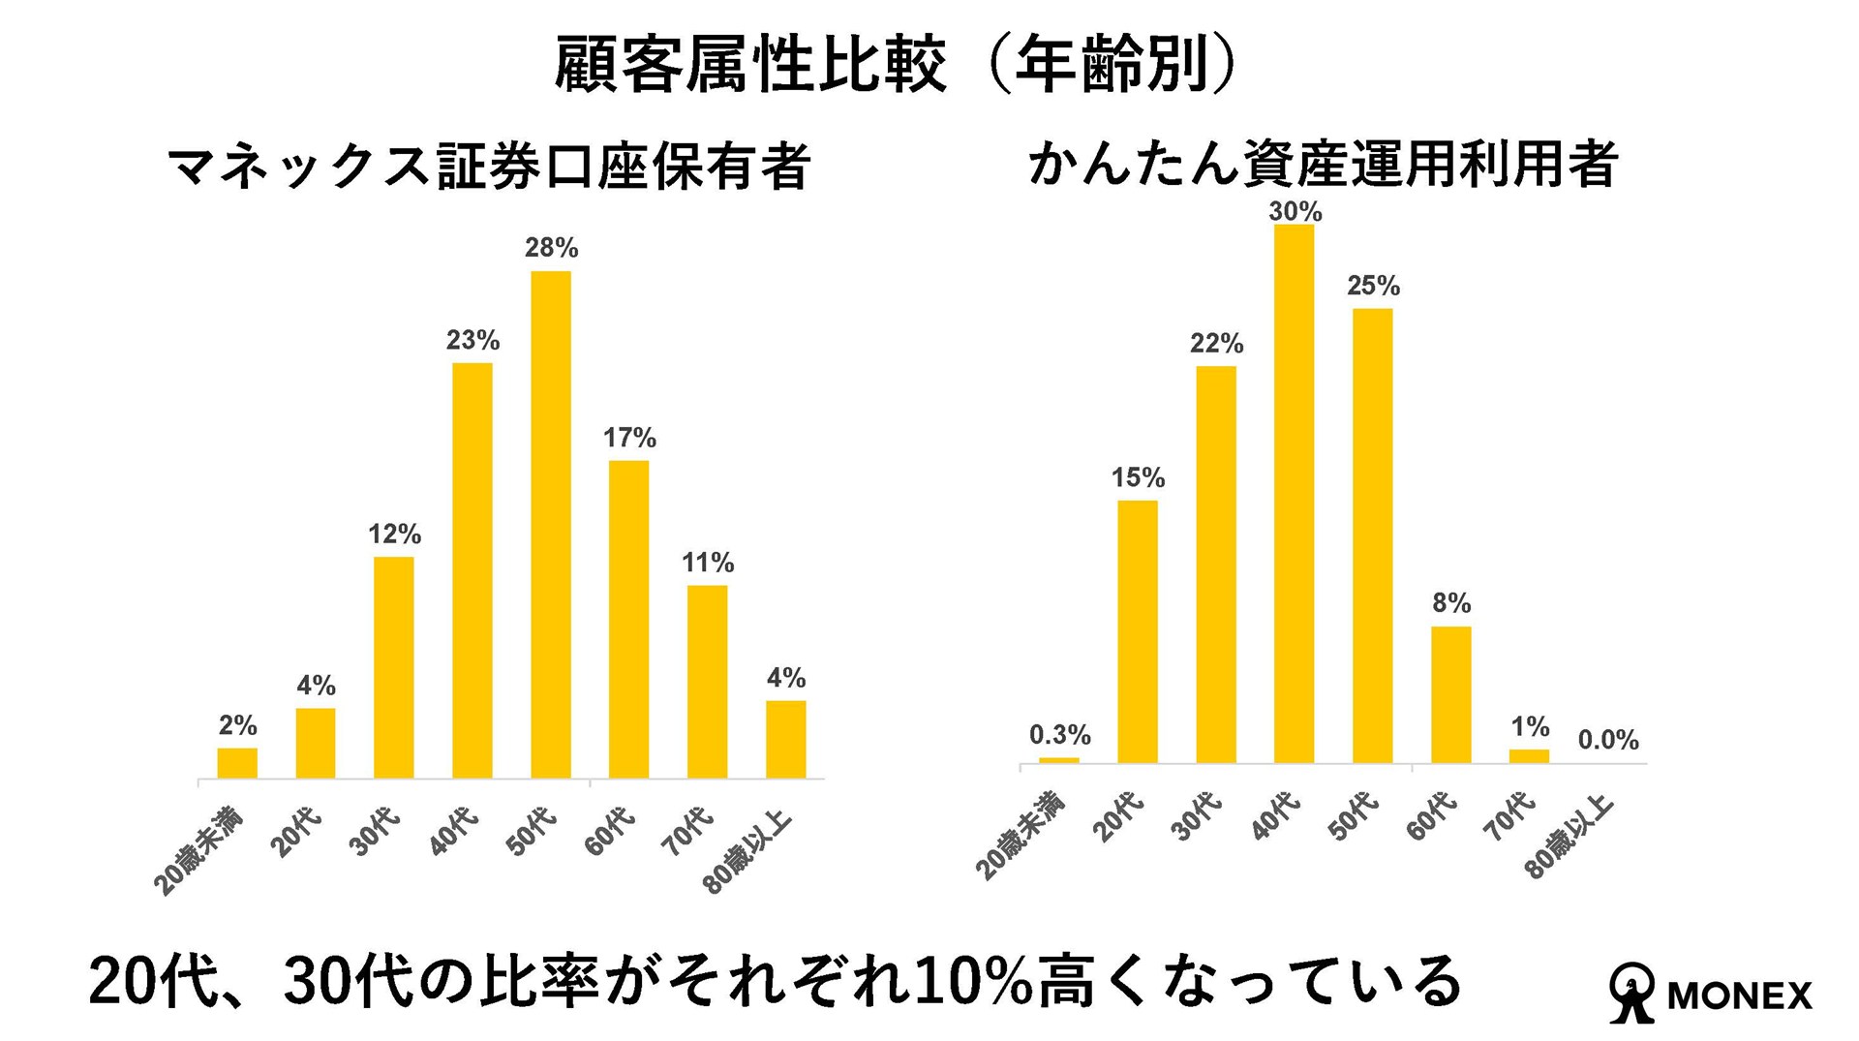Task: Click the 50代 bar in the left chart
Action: tap(550, 524)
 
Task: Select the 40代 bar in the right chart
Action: tap(1294, 494)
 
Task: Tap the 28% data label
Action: tap(551, 248)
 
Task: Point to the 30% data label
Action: tap(1295, 211)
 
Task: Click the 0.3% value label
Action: tap(1059, 735)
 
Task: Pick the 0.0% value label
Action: tap(1607, 741)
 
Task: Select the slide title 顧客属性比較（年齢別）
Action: tap(895, 66)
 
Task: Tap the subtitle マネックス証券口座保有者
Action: tap(489, 166)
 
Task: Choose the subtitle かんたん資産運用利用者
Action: tap(1323, 164)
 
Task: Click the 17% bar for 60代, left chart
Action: tap(628, 619)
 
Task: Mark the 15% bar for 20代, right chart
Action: tap(1137, 631)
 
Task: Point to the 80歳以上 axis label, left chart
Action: tap(747, 853)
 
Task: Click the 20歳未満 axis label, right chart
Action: tap(1020, 836)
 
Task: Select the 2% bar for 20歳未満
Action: tap(237, 763)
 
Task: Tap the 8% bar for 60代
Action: tap(1450, 694)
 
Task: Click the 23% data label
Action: tap(472, 340)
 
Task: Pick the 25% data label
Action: tap(1373, 286)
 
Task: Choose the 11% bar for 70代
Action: tap(707, 682)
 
